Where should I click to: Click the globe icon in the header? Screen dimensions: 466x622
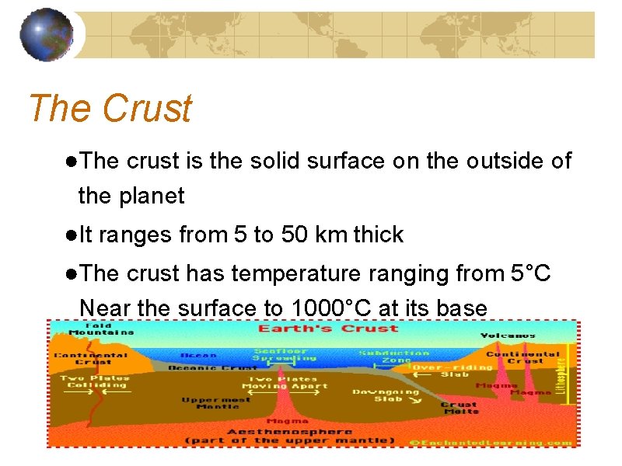pyautogui.click(x=47, y=35)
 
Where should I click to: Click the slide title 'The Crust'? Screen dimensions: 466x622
pyautogui.click(x=110, y=109)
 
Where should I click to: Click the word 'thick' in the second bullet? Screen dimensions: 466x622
pyautogui.click(x=379, y=235)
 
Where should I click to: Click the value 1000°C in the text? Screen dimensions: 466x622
pyautogui.click(x=328, y=308)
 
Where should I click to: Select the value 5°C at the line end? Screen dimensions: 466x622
pyautogui.click(x=531, y=273)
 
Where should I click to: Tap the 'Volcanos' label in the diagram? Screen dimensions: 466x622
pyautogui.click(x=508, y=336)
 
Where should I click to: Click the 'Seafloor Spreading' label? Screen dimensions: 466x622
pyautogui.click(x=285, y=355)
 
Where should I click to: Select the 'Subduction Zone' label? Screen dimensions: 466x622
pyautogui.click(x=394, y=356)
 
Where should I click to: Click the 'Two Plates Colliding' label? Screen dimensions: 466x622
pyautogui.click(x=96, y=381)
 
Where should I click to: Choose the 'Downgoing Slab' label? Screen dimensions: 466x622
pyautogui.click(x=386, y=395)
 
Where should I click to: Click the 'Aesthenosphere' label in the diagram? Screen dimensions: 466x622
pyautogui.click(x=289, y=431)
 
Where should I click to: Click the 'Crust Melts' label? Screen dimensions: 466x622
pyautogui.click(x=459, y=408)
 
